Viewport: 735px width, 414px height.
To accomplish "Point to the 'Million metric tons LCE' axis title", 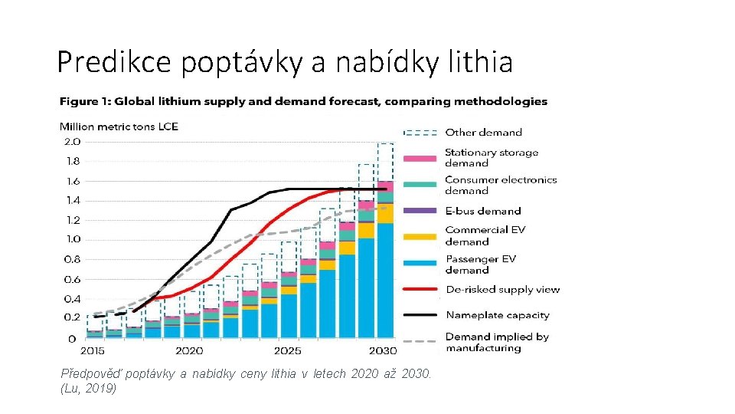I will (119, 127).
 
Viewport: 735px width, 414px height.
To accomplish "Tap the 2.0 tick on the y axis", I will (72, 142).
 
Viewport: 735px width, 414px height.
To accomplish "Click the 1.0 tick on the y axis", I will (72, 239).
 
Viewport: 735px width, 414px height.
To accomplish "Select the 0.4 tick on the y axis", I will (72, 299).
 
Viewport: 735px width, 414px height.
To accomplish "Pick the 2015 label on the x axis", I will (92, 351).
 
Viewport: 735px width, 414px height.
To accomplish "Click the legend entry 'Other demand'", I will (483, 133).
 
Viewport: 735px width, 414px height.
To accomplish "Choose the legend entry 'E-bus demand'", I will (482, 211).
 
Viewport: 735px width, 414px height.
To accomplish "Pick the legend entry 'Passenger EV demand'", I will (480, 264).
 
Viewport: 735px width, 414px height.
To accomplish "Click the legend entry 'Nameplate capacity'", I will (497, 315).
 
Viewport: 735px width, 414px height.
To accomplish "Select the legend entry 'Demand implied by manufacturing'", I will (496, 342).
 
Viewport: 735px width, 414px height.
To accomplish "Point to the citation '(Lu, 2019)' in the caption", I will (89, 389).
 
